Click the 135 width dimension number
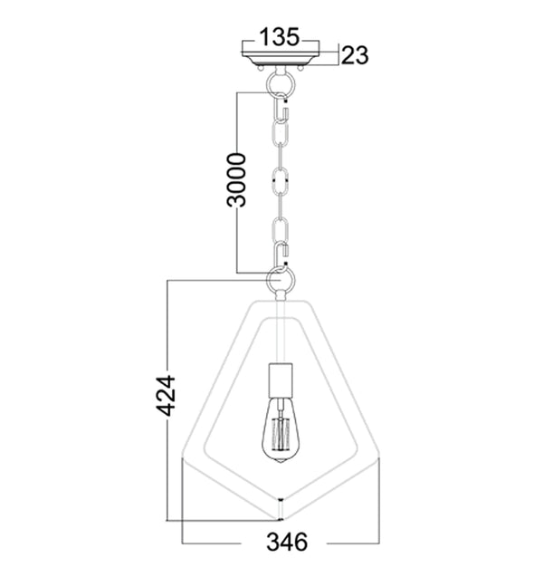pos(280,37)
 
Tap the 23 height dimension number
pos(356,55)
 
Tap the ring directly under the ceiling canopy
pos(281,84)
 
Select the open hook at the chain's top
pos(281,112)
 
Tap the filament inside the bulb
pos(281,435)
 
